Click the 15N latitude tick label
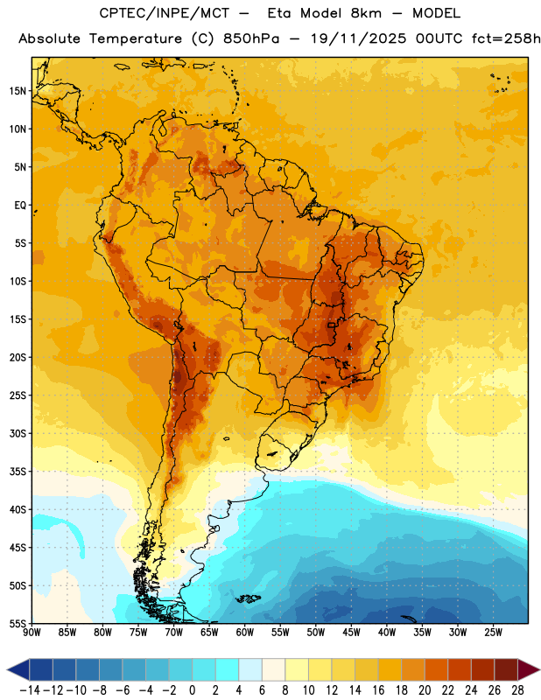click(18, 91)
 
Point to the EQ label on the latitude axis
click(20, 206)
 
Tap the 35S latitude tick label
click(18, 472)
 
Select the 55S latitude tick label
click(18, 624)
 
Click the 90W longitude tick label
click(32, 633)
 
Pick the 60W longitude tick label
click(245, 633)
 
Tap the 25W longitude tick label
click(493, 633)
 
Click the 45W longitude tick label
click(351, 633)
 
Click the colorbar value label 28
click(517, 690)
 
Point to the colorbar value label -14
click(30, 690)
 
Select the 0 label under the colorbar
click(192, 690)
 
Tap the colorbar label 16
click(378, 690)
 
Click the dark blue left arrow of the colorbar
click(18, 669)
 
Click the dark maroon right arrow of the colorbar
click(529, 669)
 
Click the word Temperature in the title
click(136, 38)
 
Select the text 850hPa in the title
click(251, 38)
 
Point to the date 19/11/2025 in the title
click(358, 38)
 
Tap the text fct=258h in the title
click(506, 38)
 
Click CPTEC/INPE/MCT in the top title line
click(165, 13)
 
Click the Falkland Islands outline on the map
click(248, 598)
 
